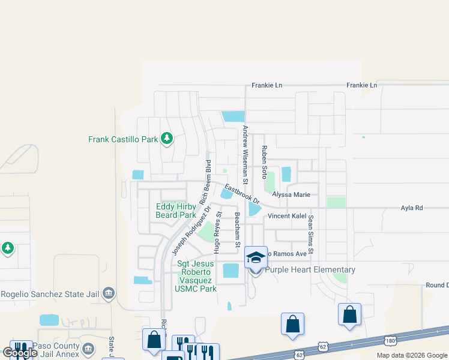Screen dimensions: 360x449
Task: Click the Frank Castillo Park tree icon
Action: [x=167, y=139]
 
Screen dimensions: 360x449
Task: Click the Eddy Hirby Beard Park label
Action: [x=176, y=211]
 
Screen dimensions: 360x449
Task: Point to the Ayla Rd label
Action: [x=412, y=208]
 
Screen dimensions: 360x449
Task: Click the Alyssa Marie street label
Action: [x=291, y=194]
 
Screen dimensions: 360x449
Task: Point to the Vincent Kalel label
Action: [x=287, y=216]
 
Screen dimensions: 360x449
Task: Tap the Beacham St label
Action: [x=237, y=230]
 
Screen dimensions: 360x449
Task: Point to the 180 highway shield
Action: [x=391, y=341]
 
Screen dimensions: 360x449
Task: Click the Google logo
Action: [x=19, y=353]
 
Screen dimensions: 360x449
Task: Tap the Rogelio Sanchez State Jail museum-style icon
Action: [x=109, y=293]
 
